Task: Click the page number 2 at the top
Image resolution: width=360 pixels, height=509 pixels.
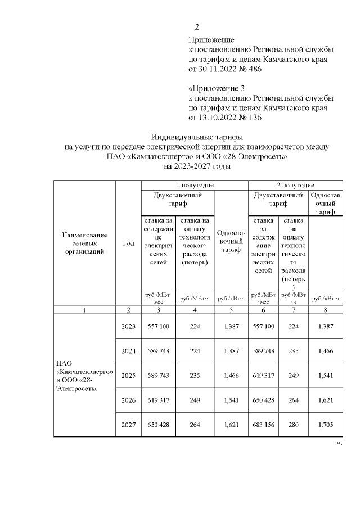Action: pos(197,28)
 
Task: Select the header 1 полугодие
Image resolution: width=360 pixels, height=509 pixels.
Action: pos(194,185)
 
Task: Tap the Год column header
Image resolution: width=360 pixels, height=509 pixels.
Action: pos(128,243)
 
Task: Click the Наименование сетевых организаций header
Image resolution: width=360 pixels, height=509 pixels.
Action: pos(84,243)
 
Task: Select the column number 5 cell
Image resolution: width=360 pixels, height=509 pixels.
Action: pos(231,309)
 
